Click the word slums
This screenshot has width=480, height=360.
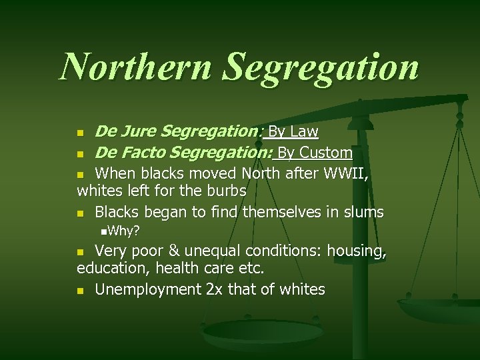pyautogui.click(x=361, y=212)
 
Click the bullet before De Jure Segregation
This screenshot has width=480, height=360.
pyautogui.click(x=81, y=133)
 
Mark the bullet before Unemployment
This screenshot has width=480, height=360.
pyautogui.click(x=81, y=291)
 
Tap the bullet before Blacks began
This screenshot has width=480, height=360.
pyautogui.click(x=81, y=213)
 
